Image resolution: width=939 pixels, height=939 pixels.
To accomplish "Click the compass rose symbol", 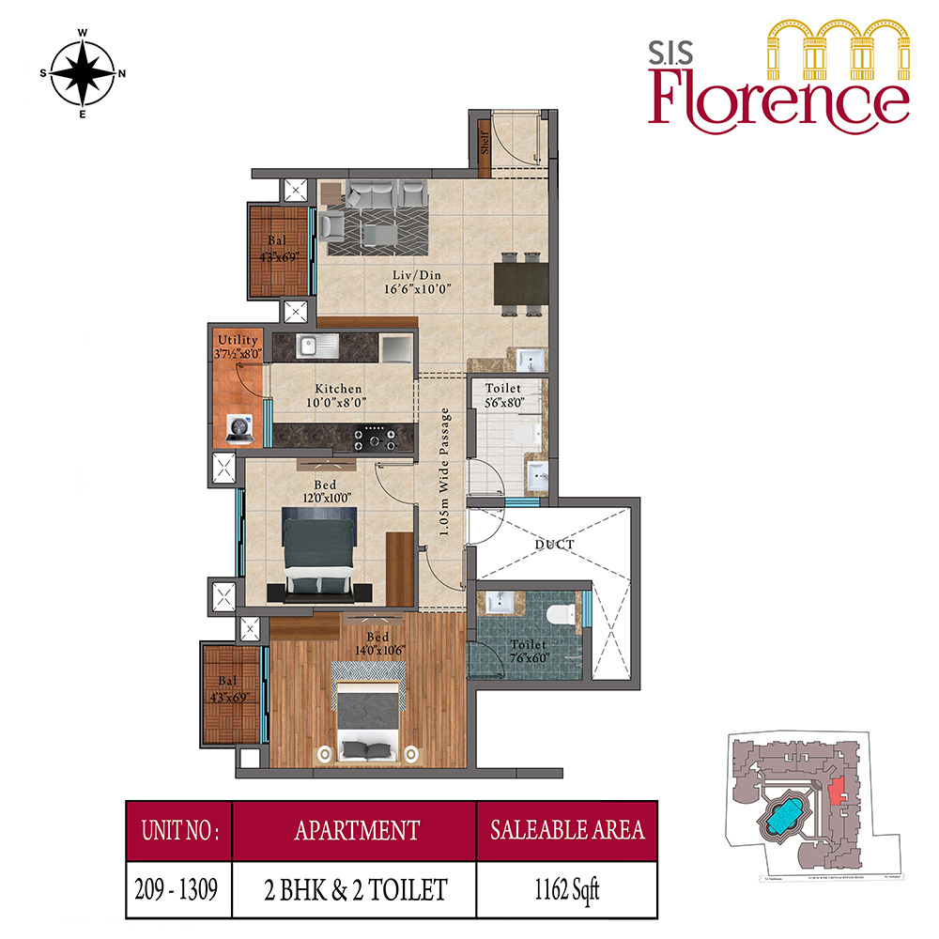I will (x=83, y=73).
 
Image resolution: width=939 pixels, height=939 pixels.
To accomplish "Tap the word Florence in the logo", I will (x=778, y=99).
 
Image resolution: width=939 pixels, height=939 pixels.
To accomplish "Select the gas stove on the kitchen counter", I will (x=378, y=437).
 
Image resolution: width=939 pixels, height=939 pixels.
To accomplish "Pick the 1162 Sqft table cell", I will (x=566, y=886).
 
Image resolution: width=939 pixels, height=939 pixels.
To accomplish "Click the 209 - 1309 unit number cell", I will (x=178, y=886).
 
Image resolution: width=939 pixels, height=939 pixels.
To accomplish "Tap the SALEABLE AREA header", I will (x=566, y=830).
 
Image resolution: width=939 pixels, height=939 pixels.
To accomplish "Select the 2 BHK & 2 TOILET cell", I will (x=355, y=886).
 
